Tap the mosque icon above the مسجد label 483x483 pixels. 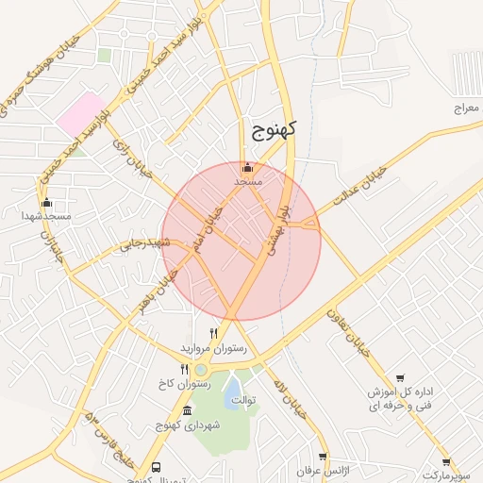(x=248, y=167)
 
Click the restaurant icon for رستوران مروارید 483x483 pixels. (x=214, y=333)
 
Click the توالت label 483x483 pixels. (x=270, y=398)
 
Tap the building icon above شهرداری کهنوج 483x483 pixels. (x=187, y=410)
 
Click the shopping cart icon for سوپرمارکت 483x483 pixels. (x=445, y=462)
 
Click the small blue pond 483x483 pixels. (x=232, y=392)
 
